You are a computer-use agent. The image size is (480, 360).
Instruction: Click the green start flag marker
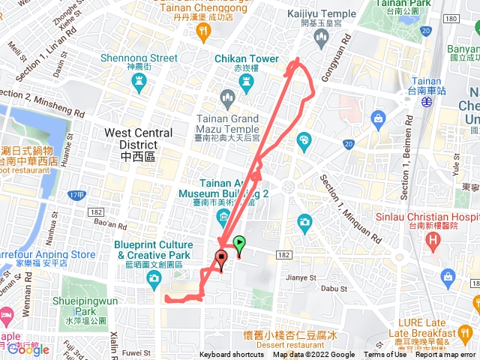pos(239,244)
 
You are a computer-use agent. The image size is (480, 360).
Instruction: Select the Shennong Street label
pos(151,58)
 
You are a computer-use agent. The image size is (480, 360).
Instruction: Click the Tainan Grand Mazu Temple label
pos(228,123)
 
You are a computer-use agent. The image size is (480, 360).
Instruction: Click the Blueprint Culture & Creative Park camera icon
pos(154,278)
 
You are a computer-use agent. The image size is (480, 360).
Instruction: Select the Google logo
pos(28,349)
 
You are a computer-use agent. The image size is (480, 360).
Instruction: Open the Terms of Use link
pos(385,355)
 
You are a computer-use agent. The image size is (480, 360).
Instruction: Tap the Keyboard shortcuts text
pos(231,355)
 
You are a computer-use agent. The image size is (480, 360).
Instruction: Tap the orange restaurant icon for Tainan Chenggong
pos(202,30)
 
